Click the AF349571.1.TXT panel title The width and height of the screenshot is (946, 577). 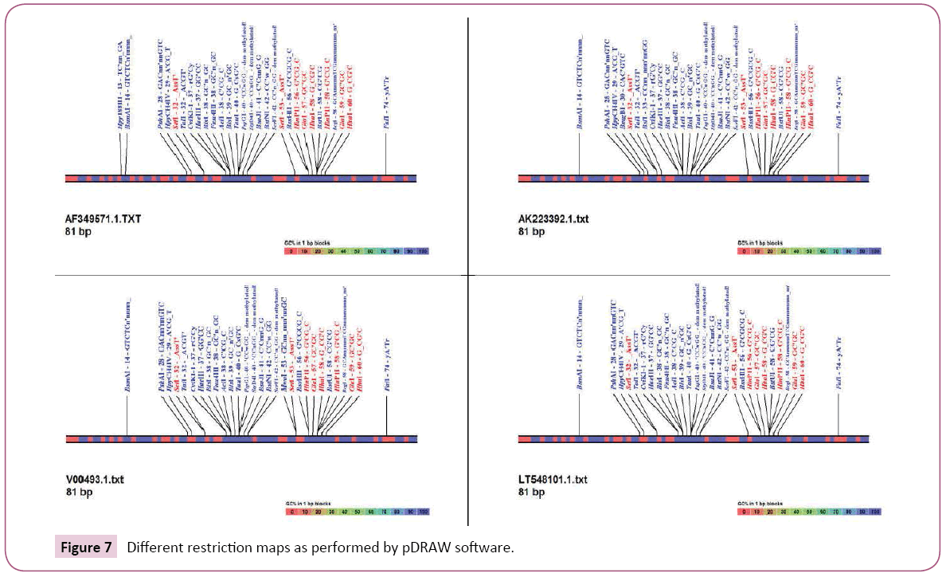pos(103,218)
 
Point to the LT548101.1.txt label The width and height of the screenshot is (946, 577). pos(553,480)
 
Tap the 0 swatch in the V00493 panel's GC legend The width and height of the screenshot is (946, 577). pos(291,510)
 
